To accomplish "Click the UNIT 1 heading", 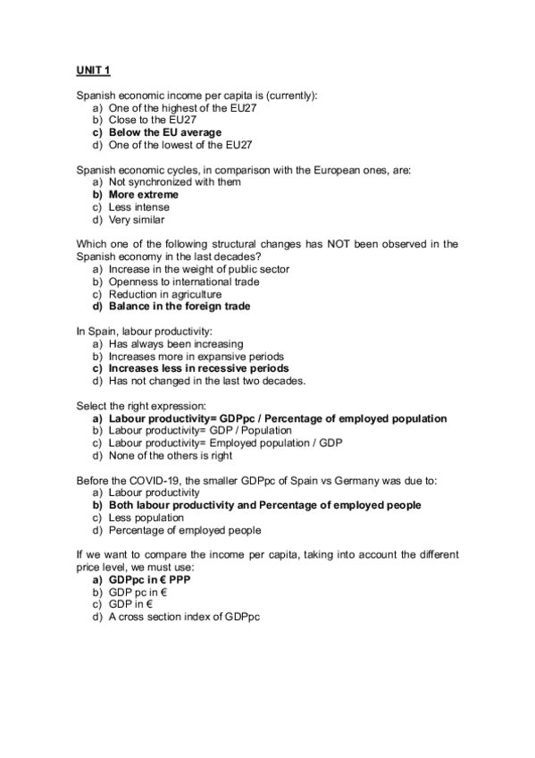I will (x=93, y=69).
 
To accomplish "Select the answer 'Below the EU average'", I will (x=165, y=132).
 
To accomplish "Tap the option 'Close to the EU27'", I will (x=153, y=120).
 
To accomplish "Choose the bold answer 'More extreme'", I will (x=144, y=195).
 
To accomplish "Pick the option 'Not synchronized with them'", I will (x=174, y=182).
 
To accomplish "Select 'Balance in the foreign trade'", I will (x=180, y=307).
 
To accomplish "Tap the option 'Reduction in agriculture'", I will (x=165, y=294).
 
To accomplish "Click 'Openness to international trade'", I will (x=184, y=282).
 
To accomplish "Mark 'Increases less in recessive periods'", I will (x=198, y=368).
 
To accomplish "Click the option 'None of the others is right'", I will (x=171, y=455).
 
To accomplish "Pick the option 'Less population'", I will (x=146, y=518).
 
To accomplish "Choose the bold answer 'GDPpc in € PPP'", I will (x=149, y=580).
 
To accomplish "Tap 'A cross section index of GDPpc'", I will (x=184, y=617).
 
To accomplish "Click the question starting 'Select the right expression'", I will (x=142, y=406).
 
